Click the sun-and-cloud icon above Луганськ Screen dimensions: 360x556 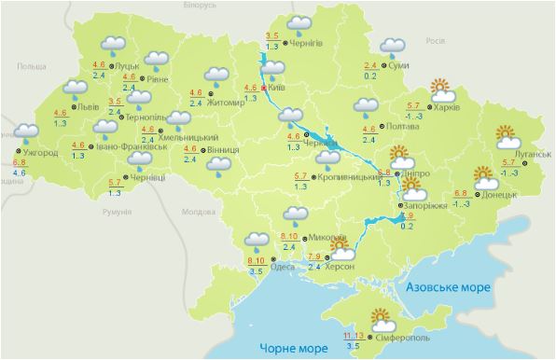pos(508,137)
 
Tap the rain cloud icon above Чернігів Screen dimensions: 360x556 pos(299,24)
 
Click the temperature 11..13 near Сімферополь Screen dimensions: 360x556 pos(353,334)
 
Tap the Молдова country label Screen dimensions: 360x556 pos(199,212)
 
